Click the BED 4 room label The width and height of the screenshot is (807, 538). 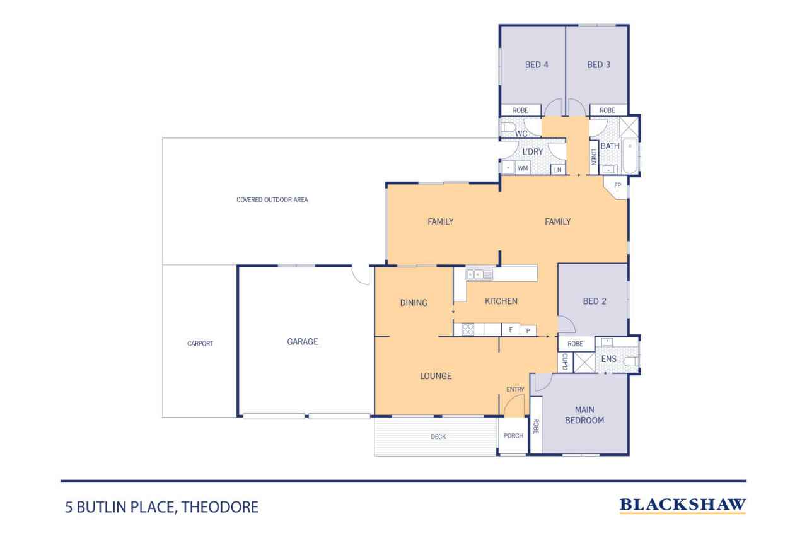(x=537, y=65)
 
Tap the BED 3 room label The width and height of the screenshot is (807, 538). (x=598, y=65)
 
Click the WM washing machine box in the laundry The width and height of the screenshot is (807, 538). (x=523, y=168)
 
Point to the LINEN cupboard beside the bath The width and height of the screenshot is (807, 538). (x=594, y=158)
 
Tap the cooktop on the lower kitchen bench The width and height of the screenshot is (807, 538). (x=468, y=329)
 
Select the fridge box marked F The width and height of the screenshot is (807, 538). (x=510, y=330)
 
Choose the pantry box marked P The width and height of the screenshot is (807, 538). (x=528, y=330)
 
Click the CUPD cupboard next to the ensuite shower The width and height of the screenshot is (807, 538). (x=565, y=362)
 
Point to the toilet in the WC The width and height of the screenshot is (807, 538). (x=509, y=127)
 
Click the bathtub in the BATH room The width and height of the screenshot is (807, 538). (x=630, y=156)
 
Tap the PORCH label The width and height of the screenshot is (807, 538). (x=513, y=436)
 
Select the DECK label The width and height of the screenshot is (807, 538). (x=438, y=436)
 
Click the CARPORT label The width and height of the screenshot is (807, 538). (x=200, y=344)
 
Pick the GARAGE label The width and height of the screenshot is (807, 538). (x=302, y=342)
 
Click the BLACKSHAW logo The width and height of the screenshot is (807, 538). (x=683, y=505)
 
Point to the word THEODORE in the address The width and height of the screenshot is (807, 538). (x=220, y=507)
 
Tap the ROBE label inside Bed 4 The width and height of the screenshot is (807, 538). (x=520, y=110)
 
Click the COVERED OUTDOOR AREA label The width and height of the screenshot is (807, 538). (x=272, y=200)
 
